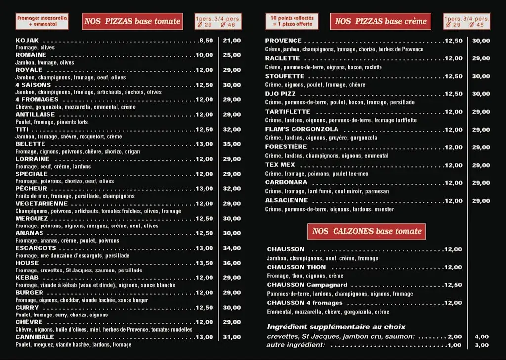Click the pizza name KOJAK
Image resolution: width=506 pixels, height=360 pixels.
click(27, 40)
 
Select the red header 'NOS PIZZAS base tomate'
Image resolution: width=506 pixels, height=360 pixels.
click(132, 21)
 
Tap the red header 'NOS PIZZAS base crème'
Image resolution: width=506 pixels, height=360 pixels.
click(380, 21)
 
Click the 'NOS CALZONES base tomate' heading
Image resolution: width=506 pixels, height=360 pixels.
click(367, 231)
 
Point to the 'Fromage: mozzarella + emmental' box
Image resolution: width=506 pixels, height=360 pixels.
click(42, 21)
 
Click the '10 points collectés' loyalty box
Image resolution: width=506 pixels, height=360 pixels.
click(292, 21)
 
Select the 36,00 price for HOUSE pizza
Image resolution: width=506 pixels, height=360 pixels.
click(232, 263)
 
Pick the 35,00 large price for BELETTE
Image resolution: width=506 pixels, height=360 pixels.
click(232, 144)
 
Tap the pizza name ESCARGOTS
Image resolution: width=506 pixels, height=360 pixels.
click(36, 248)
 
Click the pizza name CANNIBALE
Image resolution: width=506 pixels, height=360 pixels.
click(34, 337)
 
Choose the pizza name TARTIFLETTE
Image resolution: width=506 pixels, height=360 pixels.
click(288, 112)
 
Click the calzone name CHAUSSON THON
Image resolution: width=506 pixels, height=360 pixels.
click(296, 267)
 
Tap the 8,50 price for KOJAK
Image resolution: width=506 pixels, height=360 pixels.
click(206, 41)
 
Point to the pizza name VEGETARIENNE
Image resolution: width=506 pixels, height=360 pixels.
click(42, 203)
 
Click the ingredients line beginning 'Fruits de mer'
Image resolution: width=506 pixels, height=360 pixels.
click(75, 196)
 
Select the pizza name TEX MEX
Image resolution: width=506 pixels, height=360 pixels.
click(280, 165)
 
